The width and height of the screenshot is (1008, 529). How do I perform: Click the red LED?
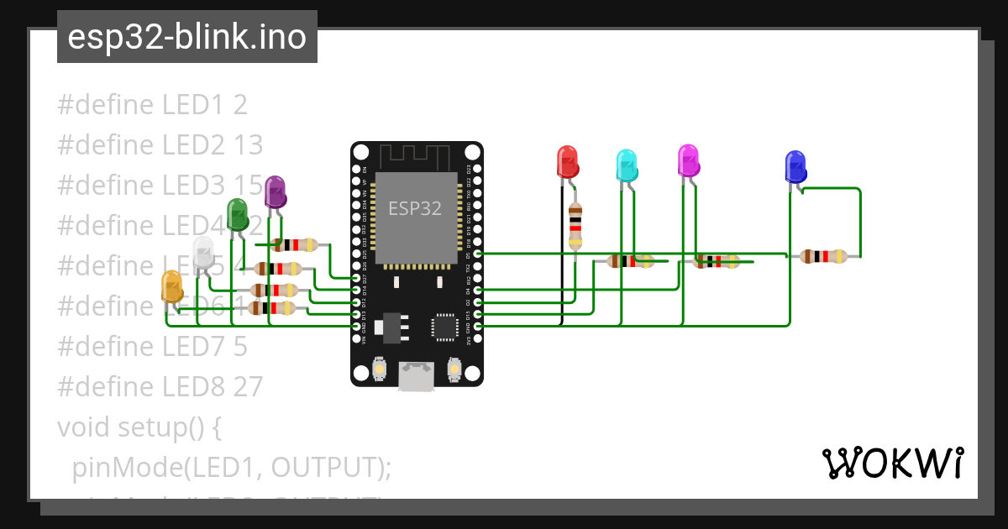point(568,160)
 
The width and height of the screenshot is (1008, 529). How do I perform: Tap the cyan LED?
point(627,165)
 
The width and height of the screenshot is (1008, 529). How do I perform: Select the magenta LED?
point(689,160)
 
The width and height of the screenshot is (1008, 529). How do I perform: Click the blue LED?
point(795,166)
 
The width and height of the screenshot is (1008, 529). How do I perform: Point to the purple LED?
point(275,191)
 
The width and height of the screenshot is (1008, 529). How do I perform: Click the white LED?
point(203,253)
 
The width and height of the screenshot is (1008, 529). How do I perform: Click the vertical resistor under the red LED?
point(575,225)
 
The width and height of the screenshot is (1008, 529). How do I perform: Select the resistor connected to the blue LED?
point(823,256)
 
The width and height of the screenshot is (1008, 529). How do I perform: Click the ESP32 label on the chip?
point(415,208)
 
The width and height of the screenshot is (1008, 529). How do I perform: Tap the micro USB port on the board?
point(417,375)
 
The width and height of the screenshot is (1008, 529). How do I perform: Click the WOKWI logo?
point(892,463)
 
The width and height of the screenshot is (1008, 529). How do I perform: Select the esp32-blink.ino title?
point(186,37)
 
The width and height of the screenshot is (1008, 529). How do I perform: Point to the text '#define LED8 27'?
point(160,386)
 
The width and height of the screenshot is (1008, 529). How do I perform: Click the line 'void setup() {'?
point(139,427)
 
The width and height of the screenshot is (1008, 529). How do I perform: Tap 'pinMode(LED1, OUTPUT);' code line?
point(232,467)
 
